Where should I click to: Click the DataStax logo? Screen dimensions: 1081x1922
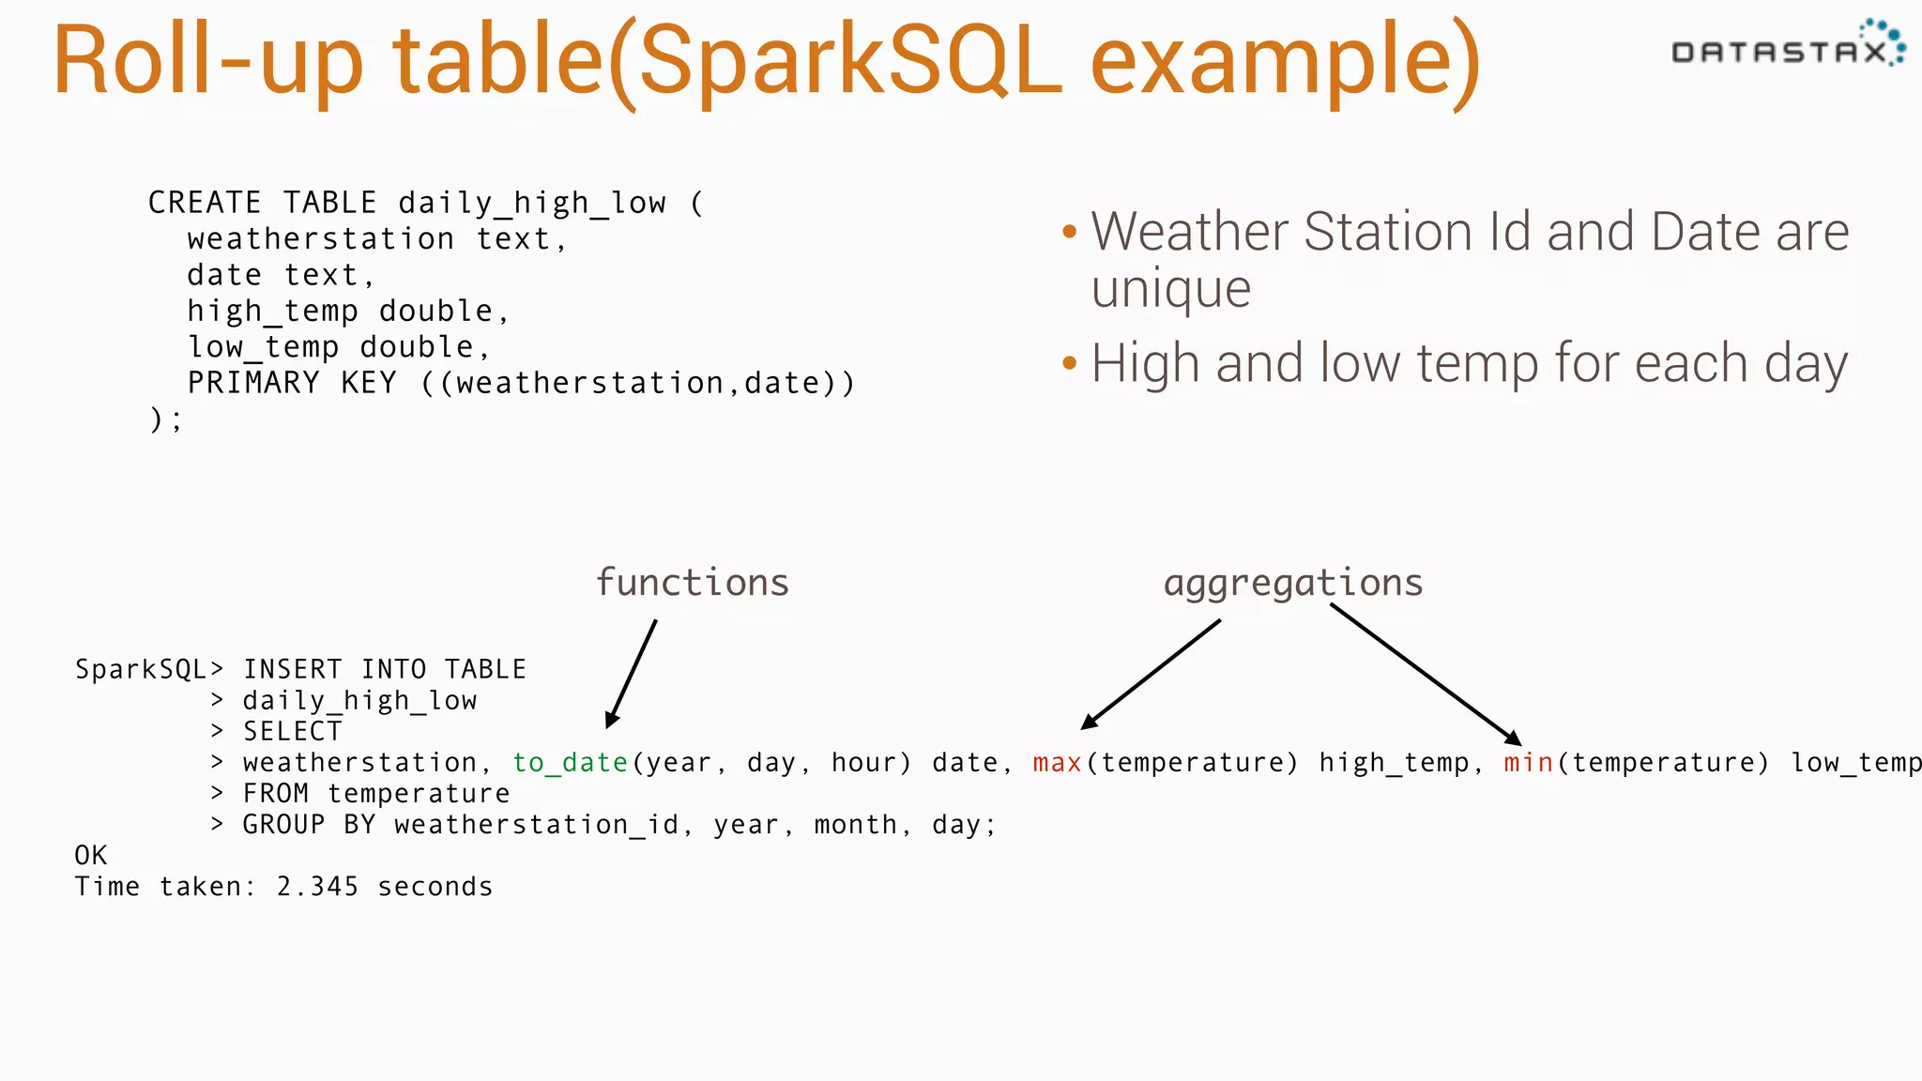(x=1787, y=47)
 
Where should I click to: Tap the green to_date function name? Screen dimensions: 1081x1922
(x=570, y=763)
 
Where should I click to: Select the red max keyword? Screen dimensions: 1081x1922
(x=1057, y=763)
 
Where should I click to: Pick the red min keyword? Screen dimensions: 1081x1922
(x=1528, y=763)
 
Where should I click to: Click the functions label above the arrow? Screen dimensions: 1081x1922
(x=693, y=583)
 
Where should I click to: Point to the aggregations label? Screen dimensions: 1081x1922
(x=1293, y=584)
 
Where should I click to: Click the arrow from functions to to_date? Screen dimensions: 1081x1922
(x=632, y=674)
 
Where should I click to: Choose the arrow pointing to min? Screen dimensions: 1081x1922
(x=1425, y=674)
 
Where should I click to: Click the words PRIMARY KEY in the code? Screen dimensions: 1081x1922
(x=292, y=383)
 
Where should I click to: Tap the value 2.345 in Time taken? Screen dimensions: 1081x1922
(x=317, y=887)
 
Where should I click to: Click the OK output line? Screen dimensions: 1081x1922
(x=91, y=856)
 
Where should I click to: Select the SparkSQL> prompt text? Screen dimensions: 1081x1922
(x=149, y=670)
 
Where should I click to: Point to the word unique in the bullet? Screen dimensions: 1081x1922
(x=1170, y=288)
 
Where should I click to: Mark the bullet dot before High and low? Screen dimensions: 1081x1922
(x=1069, y=363)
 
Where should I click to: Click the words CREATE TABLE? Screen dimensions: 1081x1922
(x=262, y=203)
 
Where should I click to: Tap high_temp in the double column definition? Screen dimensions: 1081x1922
(x=272, y=312)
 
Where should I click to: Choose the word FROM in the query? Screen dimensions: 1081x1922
(x=275, y=794)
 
